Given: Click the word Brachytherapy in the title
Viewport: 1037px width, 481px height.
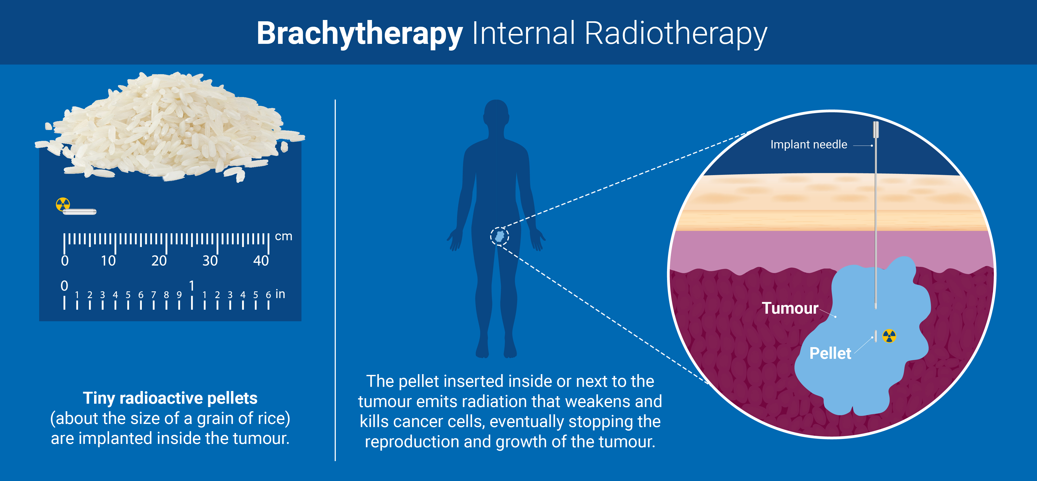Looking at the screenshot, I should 360,33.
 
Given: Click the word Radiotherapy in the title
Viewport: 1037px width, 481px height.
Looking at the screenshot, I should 676,33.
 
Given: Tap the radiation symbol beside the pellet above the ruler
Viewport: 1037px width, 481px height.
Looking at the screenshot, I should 63,204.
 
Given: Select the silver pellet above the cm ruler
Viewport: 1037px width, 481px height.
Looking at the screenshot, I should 80,211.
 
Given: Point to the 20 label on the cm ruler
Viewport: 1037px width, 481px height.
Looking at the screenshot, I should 159,261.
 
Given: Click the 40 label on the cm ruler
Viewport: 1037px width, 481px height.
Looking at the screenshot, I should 261,261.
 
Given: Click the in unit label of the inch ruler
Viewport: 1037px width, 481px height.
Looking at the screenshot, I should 280,294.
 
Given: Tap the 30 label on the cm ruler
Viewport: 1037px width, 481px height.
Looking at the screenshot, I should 210,261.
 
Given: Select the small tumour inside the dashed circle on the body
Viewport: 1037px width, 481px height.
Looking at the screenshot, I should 500,236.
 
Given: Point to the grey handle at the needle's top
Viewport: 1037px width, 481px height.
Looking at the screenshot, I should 875,130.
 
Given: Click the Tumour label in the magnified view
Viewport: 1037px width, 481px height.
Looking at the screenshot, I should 790,308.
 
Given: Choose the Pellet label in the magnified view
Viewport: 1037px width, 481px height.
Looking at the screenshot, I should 830,353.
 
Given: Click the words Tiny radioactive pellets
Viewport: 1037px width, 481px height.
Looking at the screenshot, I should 170,398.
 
